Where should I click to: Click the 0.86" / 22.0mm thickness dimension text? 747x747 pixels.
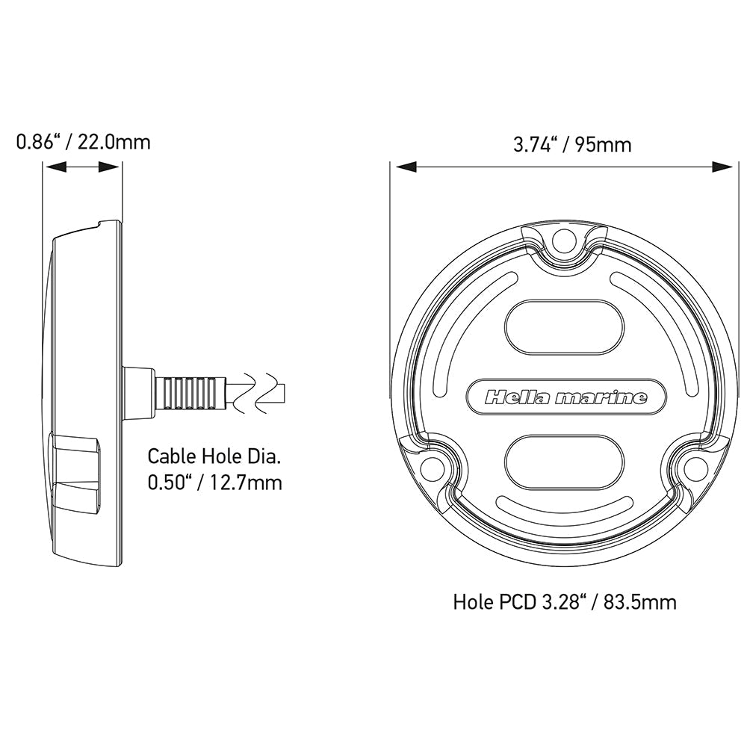tap(83, 141)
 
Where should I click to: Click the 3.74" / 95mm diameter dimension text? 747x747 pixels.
tap(571, 144)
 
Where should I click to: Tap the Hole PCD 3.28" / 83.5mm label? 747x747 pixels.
tap(565, 601)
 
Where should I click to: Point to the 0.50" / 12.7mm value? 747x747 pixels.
tap(215, 483)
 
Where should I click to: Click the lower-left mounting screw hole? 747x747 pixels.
tap(430, 468)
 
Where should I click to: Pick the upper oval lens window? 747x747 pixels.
tap(564, 327)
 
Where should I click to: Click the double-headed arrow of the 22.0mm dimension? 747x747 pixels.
tap(83, 168)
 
